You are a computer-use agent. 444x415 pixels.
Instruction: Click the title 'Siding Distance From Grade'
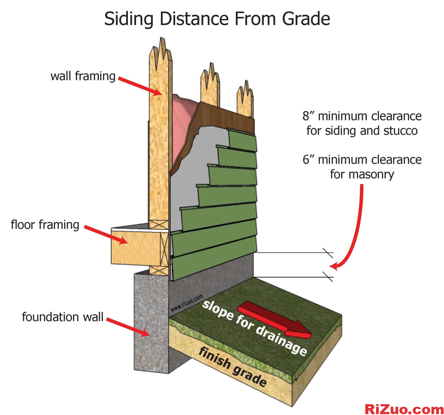click(x=217, y=19)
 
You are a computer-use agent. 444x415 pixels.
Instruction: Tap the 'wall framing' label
click(x=83, y=77)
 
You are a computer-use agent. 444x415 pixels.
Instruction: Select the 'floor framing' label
click(x=45, y=225)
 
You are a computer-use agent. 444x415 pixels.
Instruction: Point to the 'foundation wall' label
click(x=63, y=317)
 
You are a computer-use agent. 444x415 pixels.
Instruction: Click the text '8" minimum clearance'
click(x=362, y=116)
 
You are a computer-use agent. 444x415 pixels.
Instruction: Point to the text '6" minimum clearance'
click(x=362, y=159)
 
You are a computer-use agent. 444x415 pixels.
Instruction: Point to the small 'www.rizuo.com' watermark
click(x=187, y=304)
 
